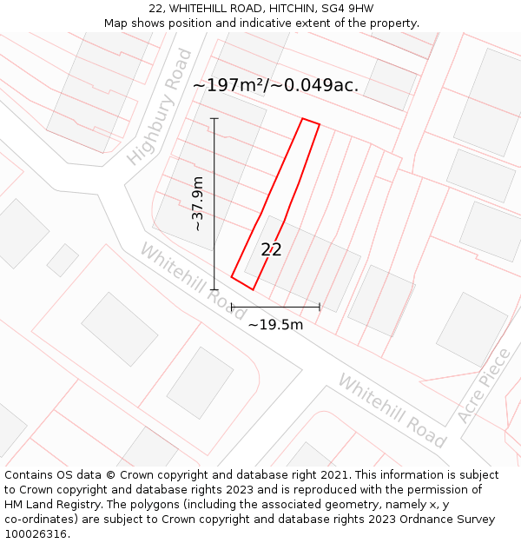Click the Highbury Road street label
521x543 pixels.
coord(160,107)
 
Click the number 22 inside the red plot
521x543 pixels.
coord(271,250)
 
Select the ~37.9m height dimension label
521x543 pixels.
coord(198,203)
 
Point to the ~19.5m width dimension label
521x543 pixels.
coord(275,325)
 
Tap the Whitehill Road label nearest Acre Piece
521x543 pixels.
coord(392,411)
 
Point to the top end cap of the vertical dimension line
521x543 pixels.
coord(214,119)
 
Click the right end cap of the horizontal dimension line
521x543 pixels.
coord(320,307)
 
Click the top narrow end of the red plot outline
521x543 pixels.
coord(311,122)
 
